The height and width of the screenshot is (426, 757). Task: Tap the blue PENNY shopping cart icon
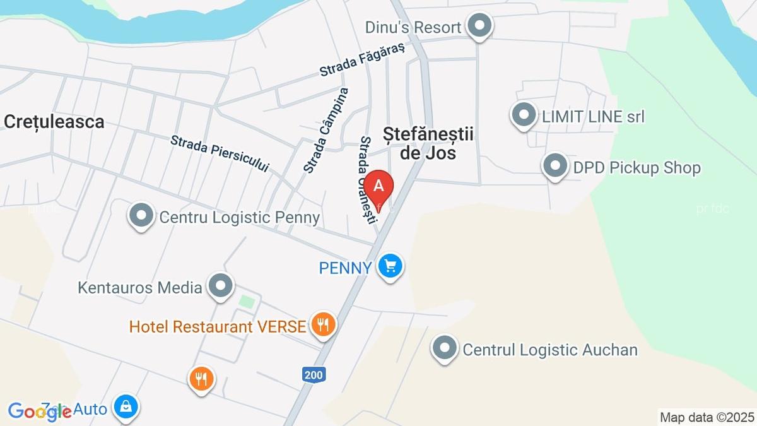(x=390, y=266)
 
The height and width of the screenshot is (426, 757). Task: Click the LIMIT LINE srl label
(x=593, y=117)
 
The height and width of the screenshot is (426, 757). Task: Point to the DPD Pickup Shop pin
(x=555, y=167)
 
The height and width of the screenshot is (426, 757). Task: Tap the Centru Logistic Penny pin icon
(x=141, y=216)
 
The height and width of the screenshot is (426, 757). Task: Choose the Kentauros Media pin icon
(x=221, y=287)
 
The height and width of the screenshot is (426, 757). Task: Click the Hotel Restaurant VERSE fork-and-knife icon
(x=324, y=326)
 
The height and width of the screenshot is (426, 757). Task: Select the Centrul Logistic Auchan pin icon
(x=445, y=348)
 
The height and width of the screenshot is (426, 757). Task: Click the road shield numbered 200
(x=313, y=376)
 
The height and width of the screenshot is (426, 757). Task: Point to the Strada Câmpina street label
(x=326, y=130)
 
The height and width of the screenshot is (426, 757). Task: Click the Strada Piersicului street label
(x=219, y=153)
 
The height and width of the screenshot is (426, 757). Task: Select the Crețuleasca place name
(x=54, y=122)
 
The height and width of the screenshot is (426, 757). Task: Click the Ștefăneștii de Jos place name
(x=428, y=143)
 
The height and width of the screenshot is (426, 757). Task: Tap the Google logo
(x=39, y=411)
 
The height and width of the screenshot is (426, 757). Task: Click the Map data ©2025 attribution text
(x=707, y=417)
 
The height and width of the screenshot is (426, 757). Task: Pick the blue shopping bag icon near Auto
(x=126, y=408)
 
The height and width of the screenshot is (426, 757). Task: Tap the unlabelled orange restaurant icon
(x=202, y=379)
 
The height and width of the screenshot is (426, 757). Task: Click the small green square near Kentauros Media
(x=247, y=302)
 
